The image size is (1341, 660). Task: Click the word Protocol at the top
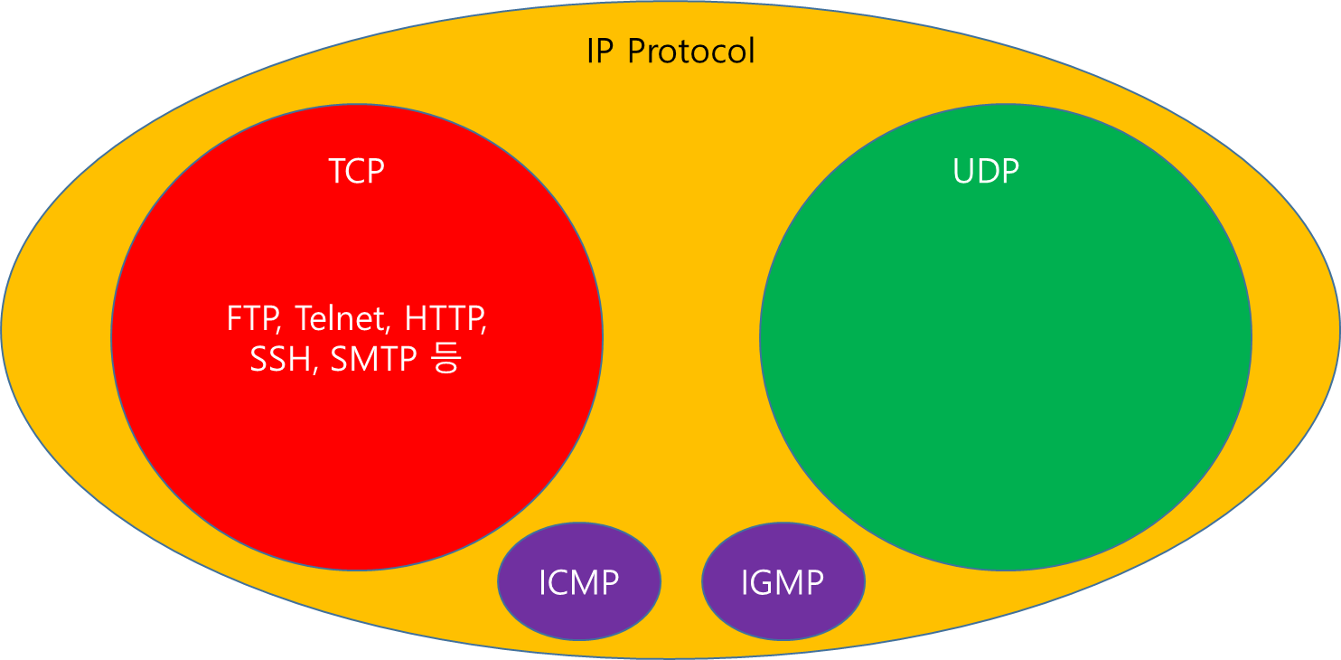pos(691,51)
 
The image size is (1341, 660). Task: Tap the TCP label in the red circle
pos(357,171)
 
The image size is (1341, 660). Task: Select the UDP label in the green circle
pos(986,171)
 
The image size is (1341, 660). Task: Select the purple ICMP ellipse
pos(579,581)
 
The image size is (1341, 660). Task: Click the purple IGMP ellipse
pos(783,581)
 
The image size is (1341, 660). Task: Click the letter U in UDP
pos(965,171)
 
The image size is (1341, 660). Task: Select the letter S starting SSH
pos(258,361)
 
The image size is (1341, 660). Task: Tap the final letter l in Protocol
pos(751,51)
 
